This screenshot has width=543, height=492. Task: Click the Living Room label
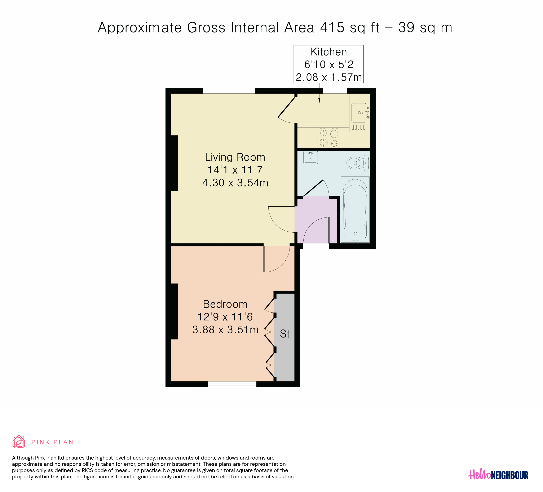(235, 157)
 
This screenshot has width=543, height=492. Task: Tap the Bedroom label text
(225, 304)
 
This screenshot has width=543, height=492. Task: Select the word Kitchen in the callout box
(329, 52)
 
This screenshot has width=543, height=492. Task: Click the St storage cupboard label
(285, 334)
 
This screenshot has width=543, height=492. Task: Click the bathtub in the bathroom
(355, 209)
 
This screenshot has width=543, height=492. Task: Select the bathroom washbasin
(310, 157)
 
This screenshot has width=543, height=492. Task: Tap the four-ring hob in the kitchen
(329, 138)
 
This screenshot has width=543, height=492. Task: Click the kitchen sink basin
(359, 113)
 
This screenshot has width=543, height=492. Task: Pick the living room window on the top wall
(229, 91)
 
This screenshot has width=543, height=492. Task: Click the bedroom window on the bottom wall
(232, 384)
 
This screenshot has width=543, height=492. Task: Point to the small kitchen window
(335, 91)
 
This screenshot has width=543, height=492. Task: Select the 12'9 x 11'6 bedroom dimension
(225, 317)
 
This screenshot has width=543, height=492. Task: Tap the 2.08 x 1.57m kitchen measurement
(329, 77)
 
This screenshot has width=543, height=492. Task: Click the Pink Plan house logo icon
(19, 441)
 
